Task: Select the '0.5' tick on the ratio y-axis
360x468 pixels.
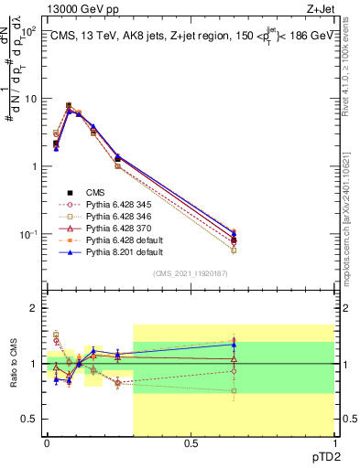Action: pos(29,419)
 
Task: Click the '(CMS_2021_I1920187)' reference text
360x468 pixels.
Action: pos(191,273)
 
